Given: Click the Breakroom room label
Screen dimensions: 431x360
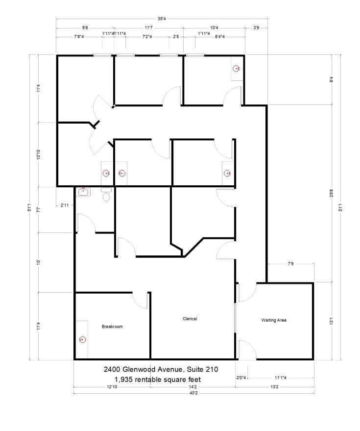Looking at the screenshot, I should click(112, 327).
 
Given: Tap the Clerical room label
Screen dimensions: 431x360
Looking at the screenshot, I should click(190, 319).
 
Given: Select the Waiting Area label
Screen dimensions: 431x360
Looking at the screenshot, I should click(274, 320).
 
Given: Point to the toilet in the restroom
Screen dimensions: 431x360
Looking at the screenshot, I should click(106, 197).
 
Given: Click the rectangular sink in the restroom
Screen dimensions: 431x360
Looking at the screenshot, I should click(83, 192).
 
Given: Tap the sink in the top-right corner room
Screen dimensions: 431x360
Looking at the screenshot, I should click(236, 69).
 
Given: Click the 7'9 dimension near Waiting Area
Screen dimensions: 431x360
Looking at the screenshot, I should click(290, 264).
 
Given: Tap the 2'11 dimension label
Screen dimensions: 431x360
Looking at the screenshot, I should click(65, 205).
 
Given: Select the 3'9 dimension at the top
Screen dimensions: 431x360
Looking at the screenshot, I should click(256, 28).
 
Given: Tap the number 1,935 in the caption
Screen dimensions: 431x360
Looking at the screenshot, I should click(125, 379).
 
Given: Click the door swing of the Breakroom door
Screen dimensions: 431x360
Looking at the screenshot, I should click(140, 300).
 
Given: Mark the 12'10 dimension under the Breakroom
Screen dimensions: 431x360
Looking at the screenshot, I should click(112, 386).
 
